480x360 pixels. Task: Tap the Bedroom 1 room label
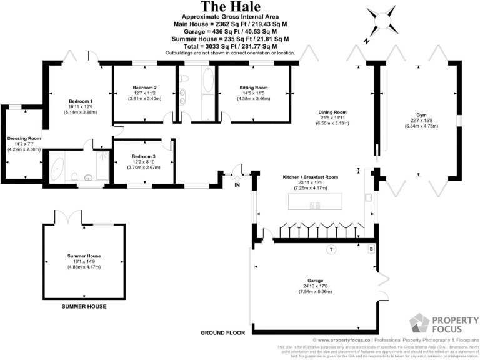(x=81, y=101)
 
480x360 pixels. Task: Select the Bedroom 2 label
(x=144, y=87)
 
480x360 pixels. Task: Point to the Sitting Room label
(x=254, y=87)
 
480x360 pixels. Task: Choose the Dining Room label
(x=334, y=112)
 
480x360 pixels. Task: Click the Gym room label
(x=421, y=115)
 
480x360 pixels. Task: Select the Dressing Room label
(x=24, y=139)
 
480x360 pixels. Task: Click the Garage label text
(x=314, y=281)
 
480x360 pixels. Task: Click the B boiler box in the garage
(x=371, y=249)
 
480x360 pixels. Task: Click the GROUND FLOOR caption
(x=222, y=333)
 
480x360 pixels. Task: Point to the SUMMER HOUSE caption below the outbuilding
(x=84, y=306)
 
